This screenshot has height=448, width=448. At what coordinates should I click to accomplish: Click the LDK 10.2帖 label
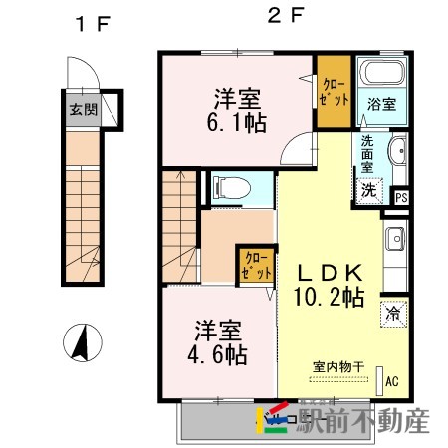tap(329, 283)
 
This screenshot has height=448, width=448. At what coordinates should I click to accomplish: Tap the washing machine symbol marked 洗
tap(369, 189)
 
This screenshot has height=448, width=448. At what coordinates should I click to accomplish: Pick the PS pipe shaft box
tap(401, 197)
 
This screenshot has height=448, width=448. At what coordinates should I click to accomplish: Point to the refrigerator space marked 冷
tap(393, 312)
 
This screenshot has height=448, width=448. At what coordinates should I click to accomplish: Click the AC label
tap(392, 380)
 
